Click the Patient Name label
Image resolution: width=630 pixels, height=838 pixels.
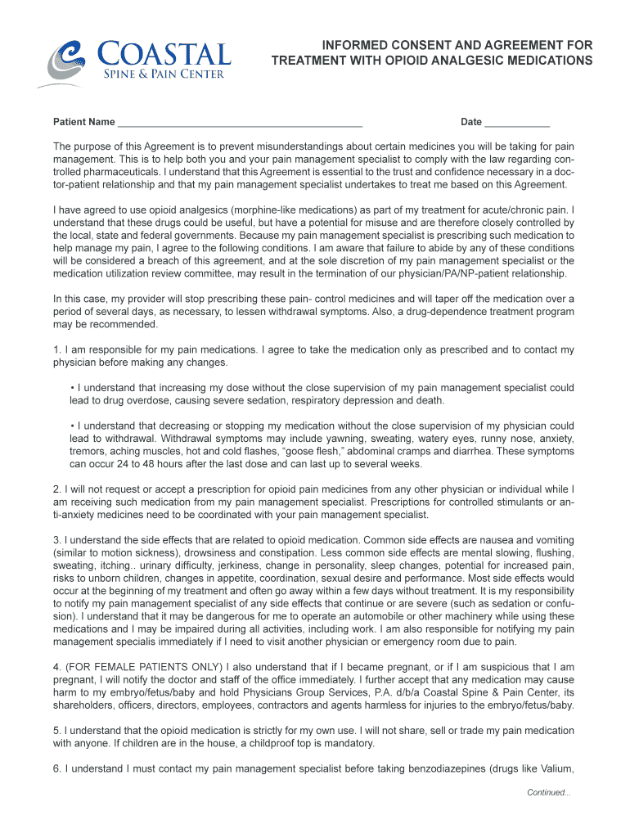click(83, 123)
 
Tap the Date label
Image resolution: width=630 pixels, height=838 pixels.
click(471, 123)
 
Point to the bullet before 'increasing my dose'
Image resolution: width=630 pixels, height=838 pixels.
click(73, 388)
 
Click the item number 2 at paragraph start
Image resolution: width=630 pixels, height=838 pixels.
click(56, 490)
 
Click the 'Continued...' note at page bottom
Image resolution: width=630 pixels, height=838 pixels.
click(548, 792)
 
